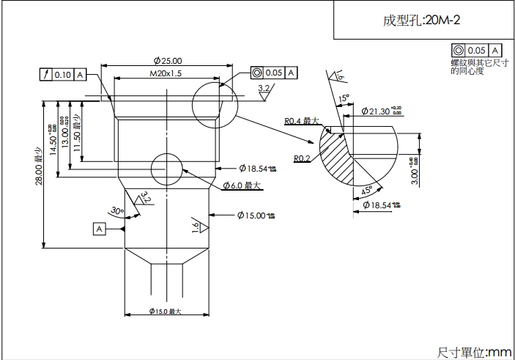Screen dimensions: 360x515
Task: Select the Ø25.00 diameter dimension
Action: pyautogui.click(x=168, y=60)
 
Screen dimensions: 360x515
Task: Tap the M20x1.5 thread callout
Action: pyautogui.click(x=166, y=74)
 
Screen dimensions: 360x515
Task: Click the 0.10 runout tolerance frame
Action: pyautogui.click(x=63, y=74)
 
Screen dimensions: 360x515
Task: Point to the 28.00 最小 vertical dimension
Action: pyautogui.click(x=39, y=165)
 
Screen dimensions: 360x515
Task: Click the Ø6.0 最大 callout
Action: pyautogui.click(x=242, y=185)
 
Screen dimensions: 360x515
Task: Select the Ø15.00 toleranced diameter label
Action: pyautogui.click(x=256, y=215)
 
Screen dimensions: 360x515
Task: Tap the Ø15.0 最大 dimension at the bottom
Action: pyautogui.click(x=165, y=312)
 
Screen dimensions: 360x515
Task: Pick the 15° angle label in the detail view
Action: pyautogui.click(x=344, y=98)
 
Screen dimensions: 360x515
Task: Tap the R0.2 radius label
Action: pyautogui.click(x=302, y=158)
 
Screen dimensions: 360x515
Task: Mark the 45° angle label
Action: pyautogui.click(x=367, y=191)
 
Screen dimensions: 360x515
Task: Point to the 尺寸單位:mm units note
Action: pyautogui.click(x=474, y=352)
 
